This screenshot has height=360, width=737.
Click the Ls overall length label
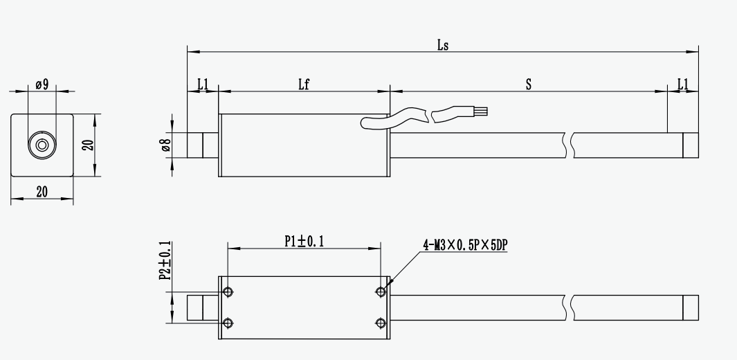point(444,45)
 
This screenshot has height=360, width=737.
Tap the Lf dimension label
point(303,84)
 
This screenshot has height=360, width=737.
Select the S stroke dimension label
point(528,84)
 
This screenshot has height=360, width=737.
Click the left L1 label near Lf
point(203,84)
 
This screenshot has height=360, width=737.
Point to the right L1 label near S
point(682,84)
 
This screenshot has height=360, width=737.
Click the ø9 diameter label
point(42,85)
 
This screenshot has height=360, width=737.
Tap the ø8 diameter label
point(165,145)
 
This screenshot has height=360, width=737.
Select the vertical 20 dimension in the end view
point(87,145)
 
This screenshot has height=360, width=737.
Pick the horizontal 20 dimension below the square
point(42,192)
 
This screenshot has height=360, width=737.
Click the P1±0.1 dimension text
point(304,241)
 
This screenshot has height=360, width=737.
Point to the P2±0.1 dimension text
point(164,262)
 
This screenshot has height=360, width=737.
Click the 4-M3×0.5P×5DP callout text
point(470,244)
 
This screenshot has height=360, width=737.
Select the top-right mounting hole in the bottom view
point(379,291)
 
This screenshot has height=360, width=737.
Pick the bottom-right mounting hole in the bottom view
point(379,323)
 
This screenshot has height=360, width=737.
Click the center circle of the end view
point(42,145)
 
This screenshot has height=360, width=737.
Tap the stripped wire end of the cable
point(482,110)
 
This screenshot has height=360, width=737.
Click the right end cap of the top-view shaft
point(690,145)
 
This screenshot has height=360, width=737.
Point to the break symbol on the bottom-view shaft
point(570,307)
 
